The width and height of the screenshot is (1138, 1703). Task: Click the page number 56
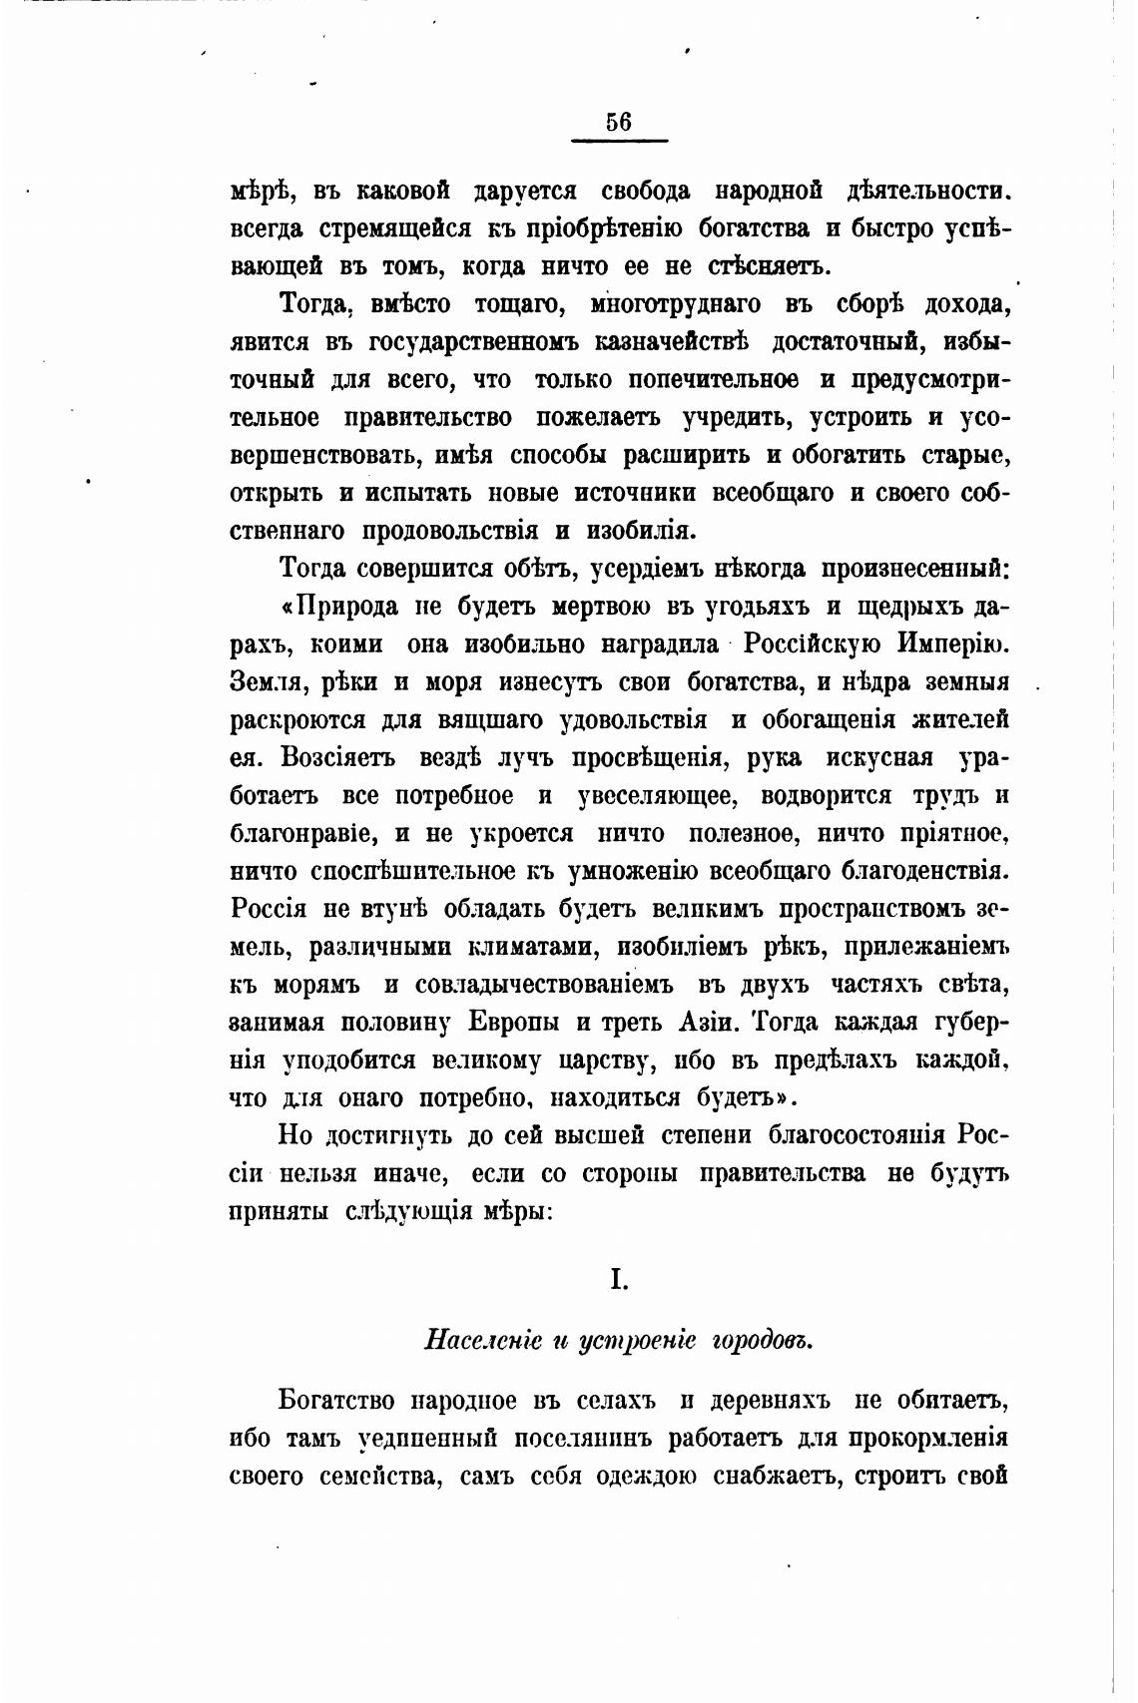pyautogui.click(x=618, y=122)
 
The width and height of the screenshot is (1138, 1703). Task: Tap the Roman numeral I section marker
pyautogui.click(x=619, y=1279)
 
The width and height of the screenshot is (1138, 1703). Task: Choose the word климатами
pyautogui.click(x=533, y=947)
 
